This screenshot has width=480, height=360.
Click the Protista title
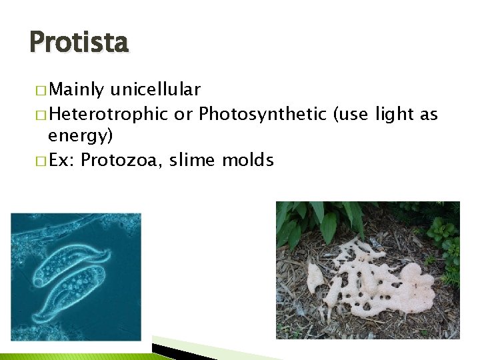[79, 43]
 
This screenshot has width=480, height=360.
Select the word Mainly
[77, 90]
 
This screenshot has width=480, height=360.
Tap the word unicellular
[156, 90]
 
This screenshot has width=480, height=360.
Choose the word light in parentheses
[397, 114]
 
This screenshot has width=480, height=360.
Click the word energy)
[80, 137]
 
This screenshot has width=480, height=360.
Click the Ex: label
[63, 160]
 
